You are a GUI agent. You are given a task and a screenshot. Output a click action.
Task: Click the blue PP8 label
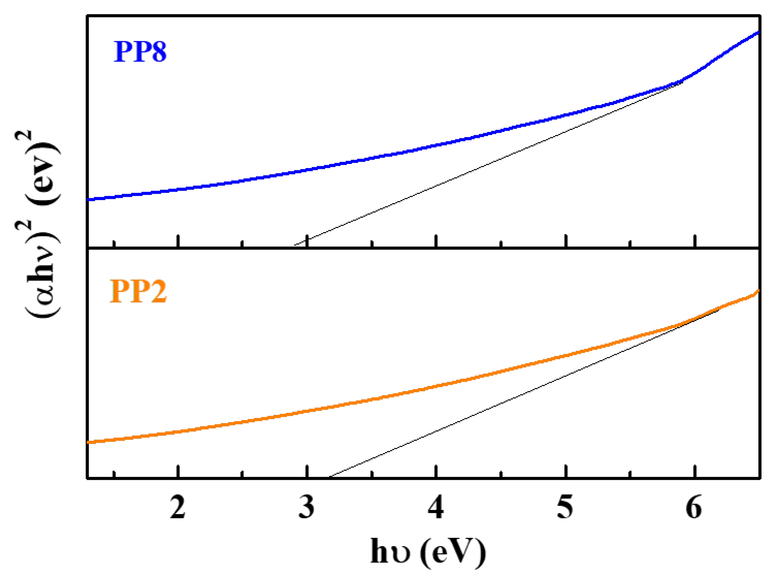click(x=140, y=52)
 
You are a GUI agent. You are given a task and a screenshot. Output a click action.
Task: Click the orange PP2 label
click(x=138, y=291)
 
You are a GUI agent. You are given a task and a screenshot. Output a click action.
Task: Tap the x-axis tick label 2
click(x=178, y=507)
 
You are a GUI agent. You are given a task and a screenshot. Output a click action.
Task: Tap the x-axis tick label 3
click(x=307, y=507)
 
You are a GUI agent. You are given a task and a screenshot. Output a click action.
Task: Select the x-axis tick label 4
click(x=436, y=507)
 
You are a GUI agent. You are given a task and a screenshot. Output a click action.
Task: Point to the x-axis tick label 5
click(x=565, y=507)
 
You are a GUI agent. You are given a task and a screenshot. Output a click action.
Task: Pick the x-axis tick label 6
click(x=694, y=507)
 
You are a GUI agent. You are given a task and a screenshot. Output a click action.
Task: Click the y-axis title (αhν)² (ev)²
click(x=38, y=223)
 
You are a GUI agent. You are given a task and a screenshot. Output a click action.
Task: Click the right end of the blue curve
click(x=758, y=32)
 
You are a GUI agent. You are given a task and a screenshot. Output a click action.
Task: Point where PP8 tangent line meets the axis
click(x=295, y=245)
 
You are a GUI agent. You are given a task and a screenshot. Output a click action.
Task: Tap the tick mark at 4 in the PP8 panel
click(x=436, y=241)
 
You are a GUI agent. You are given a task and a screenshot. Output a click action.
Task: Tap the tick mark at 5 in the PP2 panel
click(x=566, y=472)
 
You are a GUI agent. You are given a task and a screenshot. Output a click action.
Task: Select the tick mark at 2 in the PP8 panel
click(x=178, y=241)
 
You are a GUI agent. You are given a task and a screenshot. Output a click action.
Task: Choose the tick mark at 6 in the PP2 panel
click(x=695, y=472)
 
